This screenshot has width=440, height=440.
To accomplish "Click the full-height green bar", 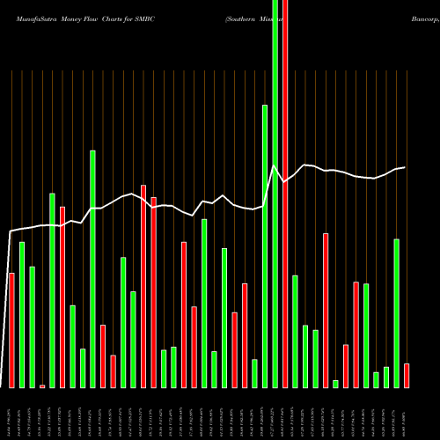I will pyautogui.click(x=275, y=194).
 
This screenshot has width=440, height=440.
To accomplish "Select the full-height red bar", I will pyautogui.click(x=285, y=194).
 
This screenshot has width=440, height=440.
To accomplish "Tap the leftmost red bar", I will pyautogui.click(x=11, y=330).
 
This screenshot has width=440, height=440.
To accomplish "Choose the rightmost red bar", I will pyautogui.click(x=407, y=376).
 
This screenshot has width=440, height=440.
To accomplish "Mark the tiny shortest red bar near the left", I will pyautogui.click(x=42, y=385).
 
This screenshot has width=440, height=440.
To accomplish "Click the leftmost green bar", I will pyautogui.click(x=22, y=314).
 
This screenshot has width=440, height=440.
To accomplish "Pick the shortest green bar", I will pyautogui.click(x=335, y=384).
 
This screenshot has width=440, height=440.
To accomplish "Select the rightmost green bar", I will pyautogui.click(x=396, y=312).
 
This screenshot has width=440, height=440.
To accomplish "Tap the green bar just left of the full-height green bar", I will pyautogui.click(x=265, y=246).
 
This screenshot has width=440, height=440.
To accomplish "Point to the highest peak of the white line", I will pyautogui.click(x=275, y=166).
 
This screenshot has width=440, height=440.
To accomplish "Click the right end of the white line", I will pyautogui.click(x=405, y=167).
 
